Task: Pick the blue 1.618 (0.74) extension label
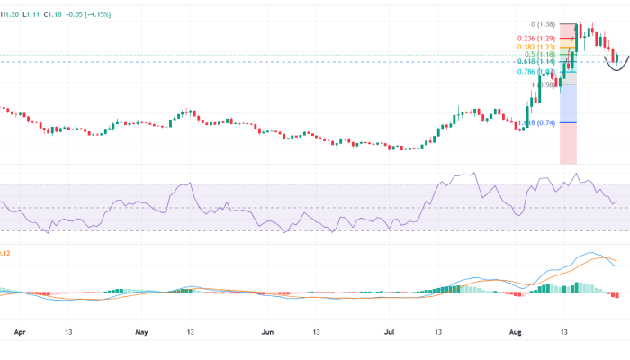(537, 122)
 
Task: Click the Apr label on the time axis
(20, 331)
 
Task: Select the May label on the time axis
(141, 331)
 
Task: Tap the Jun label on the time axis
(268, 331)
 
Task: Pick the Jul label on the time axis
(390, 331)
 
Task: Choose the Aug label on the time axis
(516, 331)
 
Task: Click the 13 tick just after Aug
(564, 331)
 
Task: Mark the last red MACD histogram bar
(616, 295)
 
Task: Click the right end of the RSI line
(616, 202)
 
